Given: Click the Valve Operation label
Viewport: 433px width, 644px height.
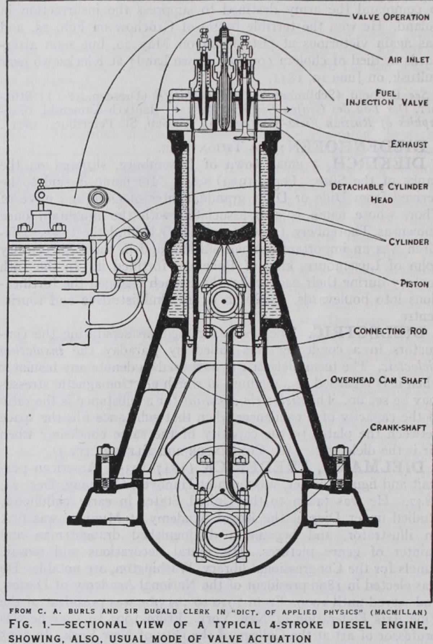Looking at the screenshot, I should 390,17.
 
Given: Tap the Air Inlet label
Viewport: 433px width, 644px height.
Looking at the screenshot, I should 408,60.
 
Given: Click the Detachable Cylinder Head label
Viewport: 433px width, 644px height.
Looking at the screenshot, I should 379,193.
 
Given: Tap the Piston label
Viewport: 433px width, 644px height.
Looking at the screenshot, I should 414,283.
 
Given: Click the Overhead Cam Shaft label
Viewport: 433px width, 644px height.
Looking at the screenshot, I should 379,380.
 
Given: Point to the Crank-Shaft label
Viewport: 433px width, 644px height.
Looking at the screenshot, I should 398,427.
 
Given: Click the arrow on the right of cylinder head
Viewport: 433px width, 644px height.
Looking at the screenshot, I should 283,109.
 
